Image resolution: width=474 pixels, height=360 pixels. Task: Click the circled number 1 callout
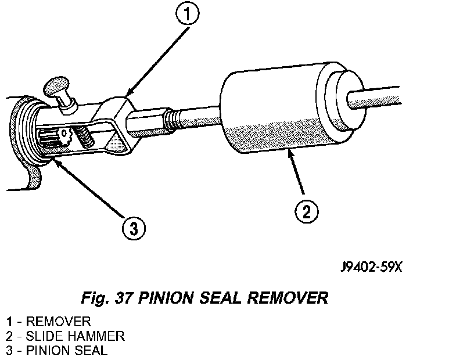(x=188, y=14)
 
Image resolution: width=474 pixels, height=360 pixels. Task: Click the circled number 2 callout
(x=307, y=211)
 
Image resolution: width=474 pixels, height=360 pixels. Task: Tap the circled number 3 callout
(x=134, y=228)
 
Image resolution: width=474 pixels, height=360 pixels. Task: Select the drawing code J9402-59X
(x=371, y=267)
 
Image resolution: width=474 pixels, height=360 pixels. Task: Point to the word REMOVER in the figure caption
(x=288, y=298)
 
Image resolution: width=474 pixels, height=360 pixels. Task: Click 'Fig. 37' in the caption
(x=107, y=298)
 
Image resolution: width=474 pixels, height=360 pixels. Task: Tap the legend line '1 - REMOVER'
(x=48, y=321)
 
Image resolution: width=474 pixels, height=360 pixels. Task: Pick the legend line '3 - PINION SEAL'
(x=56, y=351)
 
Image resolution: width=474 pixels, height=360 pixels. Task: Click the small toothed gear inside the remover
(x=64, y=135)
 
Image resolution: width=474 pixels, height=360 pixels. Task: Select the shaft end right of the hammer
(x=375, y=98)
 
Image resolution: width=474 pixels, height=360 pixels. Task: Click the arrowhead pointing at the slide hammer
(x=291, y=153)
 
